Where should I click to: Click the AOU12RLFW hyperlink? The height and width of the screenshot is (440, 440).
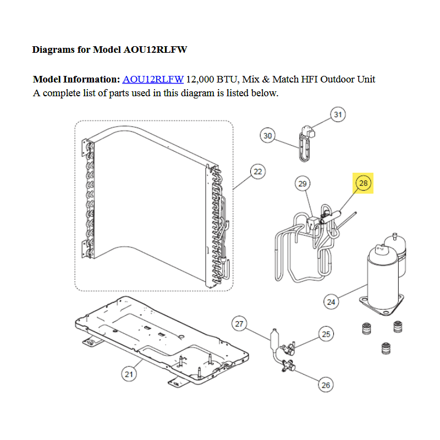pyautogui.click(x=153, y=79)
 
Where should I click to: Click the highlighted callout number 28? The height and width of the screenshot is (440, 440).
pyautogui.click(x=363, y=183)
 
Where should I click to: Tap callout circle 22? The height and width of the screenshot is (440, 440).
pyautogui.click(x=257, y=172)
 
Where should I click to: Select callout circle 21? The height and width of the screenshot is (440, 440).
pyautogui.click(x=129, y=374)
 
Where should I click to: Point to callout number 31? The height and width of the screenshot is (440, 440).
pyautogui.click(x=338, y=114)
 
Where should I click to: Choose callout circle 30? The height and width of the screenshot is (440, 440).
pyautogui.click(x=267, y=135)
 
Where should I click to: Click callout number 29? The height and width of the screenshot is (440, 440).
pyautogui.click(x=302, y=184)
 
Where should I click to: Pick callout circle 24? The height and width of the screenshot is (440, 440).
pyautogui.click(x=331, y=302)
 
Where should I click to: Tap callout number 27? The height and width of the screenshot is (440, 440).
pyautogui.click(x=239, y=324)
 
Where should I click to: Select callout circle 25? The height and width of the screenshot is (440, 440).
pyautogui.click(x=326, y=334)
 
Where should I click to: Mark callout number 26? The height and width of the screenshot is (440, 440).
pyautogui.click(x=326, y=384)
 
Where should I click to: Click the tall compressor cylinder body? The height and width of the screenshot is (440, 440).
pyautogui.click(x=382, y=278)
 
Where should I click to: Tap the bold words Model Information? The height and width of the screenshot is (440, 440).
pyautogui.click(x=76, y=79)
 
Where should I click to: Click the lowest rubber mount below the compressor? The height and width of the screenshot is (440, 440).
pyautogui.click(x=386, y=349)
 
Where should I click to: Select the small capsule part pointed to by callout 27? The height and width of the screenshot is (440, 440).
pyautogui.click(x=273, y=339)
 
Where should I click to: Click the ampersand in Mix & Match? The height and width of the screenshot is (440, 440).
pyautogui.click(x=266, y=79)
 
